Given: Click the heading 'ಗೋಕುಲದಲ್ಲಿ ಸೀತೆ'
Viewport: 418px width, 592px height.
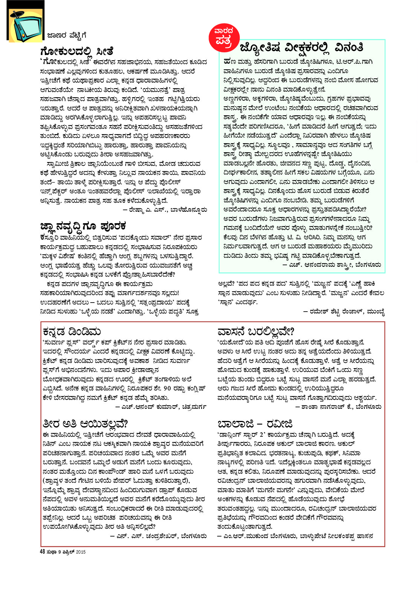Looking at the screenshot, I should pos(77,51).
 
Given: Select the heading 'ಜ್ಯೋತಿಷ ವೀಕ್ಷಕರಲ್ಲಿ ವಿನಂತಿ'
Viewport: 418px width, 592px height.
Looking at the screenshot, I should pos(301,47).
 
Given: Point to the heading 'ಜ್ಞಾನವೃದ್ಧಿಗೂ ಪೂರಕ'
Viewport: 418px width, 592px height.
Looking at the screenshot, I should pos(83,226).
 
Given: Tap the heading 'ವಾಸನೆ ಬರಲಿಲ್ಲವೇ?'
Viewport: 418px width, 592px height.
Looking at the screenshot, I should pos(256,332).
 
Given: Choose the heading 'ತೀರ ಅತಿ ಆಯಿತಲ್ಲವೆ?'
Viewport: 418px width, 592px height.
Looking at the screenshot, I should pos(85,424).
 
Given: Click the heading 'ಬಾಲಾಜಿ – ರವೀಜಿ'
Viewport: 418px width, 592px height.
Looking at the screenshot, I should pos(255,424).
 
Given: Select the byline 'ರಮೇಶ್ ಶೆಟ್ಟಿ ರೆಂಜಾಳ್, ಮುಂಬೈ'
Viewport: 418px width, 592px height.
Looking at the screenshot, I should pos(343,312).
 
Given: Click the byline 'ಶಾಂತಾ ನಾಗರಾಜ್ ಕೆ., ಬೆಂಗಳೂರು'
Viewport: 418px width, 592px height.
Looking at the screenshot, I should pos(338,407).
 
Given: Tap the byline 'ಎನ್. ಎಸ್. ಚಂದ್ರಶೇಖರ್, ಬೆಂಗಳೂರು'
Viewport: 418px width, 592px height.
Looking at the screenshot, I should pos(158,535).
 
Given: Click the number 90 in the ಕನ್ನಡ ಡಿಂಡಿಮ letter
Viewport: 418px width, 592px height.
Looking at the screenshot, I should pos(167,389).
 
